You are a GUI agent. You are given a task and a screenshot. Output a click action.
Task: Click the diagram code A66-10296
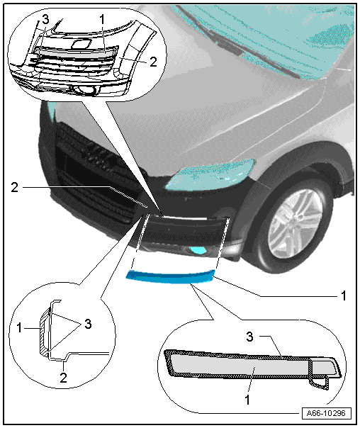[326, 412]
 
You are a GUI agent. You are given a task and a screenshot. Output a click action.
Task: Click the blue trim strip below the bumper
[170, 277]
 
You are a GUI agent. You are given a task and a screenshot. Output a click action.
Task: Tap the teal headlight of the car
[210, 175]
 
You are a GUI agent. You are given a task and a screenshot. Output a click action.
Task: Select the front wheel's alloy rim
[296, 223]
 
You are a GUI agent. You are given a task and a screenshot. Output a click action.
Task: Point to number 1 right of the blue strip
[344, 295]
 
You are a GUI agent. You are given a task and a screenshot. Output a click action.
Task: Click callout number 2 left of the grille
[14, 187]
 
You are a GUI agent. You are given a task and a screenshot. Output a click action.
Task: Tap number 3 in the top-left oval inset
[45, 20]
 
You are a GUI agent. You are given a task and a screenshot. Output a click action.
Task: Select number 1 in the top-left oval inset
[102, 20]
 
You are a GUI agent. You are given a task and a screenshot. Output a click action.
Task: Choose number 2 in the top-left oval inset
[153, 62]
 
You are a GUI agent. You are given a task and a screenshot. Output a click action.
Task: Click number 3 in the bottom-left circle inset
[88, 324]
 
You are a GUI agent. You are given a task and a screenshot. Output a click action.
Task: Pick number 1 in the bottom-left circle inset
[19, 328]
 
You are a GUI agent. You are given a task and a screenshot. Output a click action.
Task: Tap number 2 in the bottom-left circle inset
[63, 378]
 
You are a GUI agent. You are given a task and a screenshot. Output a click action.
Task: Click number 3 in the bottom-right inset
[249, 337]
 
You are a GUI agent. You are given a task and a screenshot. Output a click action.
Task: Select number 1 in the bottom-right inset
[247, 400]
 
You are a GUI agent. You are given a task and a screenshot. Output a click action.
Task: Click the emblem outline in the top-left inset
[81, 44]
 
